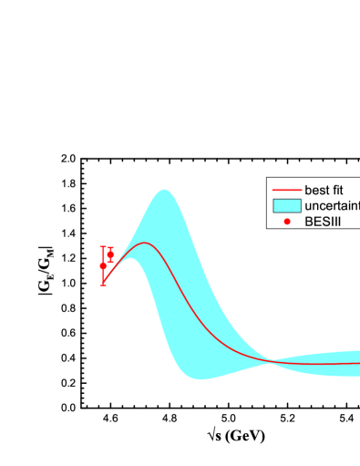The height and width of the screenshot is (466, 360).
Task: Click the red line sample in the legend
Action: (x=287, y=191)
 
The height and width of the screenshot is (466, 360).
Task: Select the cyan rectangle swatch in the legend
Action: (x=287, y=206)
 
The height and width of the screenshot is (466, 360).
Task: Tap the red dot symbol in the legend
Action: (x=287, y=222)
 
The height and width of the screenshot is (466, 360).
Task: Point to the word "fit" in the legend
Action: (x=336, y=191)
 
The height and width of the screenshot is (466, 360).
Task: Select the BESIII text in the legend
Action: (x=322, y=222)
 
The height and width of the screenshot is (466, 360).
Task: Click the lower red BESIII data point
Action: (x=103, y=265)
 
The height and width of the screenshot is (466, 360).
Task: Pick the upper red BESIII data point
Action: (x=110, y=254)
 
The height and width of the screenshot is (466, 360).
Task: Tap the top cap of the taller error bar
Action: (x=103, y=247)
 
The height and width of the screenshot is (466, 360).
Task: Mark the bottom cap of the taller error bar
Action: (x=103, y=285)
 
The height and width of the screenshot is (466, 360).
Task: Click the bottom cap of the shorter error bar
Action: (x=110, y=262)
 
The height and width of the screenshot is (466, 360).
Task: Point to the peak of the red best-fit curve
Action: (x=145, y=243)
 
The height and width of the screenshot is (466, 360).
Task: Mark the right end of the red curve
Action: (x=359, y=363)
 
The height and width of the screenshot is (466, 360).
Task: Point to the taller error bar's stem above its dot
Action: (x=103, y=256)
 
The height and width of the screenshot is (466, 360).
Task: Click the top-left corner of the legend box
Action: (x=267, y=179)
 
